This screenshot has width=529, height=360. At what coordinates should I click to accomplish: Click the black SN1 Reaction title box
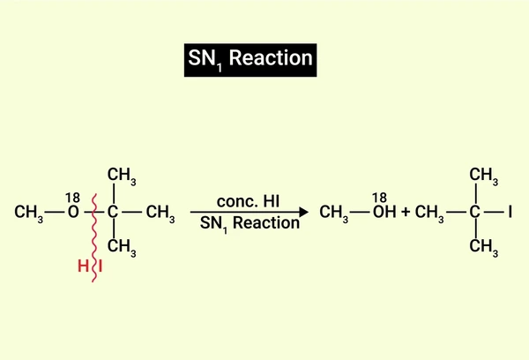pos(250,60)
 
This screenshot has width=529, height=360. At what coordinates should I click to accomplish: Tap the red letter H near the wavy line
pos(83,266)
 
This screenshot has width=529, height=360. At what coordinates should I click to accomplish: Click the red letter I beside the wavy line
pos(101,266)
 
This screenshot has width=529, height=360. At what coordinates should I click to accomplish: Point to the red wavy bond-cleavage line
pos(94,237)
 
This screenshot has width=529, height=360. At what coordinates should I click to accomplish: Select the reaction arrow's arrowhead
pos(303,212)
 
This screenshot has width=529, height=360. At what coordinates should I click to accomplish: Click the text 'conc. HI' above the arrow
pos(248,201)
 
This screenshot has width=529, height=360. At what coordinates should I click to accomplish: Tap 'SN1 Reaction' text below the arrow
pos(250,223)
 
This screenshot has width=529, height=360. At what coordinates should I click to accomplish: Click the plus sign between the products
pos(406,212)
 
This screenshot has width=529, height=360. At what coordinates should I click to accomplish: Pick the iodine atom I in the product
pos(510,212)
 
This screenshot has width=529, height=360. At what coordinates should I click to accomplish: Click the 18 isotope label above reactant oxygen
pos(72,198)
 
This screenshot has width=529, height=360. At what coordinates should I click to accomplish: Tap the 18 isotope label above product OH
pos(379,198)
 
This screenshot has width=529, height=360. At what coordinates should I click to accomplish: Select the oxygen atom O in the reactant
pos(73,212)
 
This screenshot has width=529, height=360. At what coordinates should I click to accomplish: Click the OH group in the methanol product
pos(384,212)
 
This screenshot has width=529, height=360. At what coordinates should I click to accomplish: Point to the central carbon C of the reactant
pos(113,212)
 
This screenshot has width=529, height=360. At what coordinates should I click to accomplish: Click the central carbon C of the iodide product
pos(474,212)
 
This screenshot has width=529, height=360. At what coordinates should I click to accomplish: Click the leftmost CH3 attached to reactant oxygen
pos(29,214)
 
